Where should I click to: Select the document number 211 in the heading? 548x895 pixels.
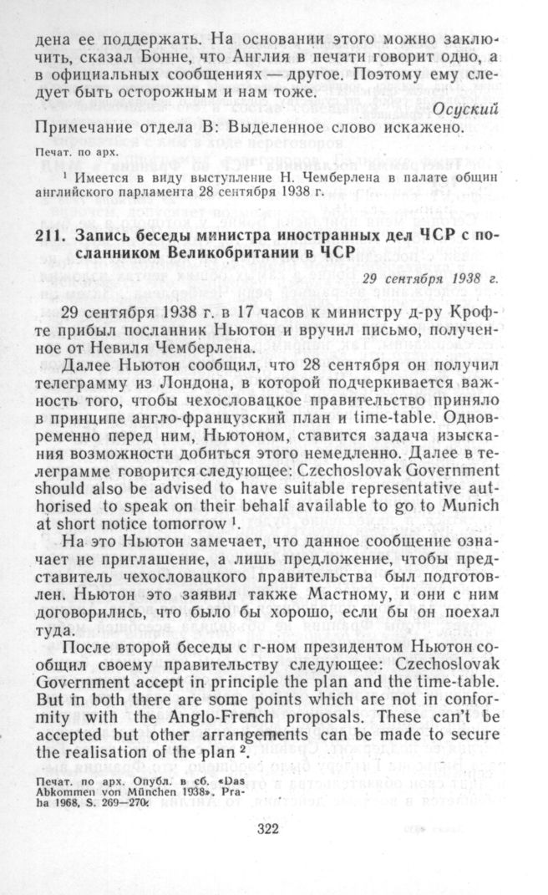[48, 236]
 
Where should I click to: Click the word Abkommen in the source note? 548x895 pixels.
[63, 794]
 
